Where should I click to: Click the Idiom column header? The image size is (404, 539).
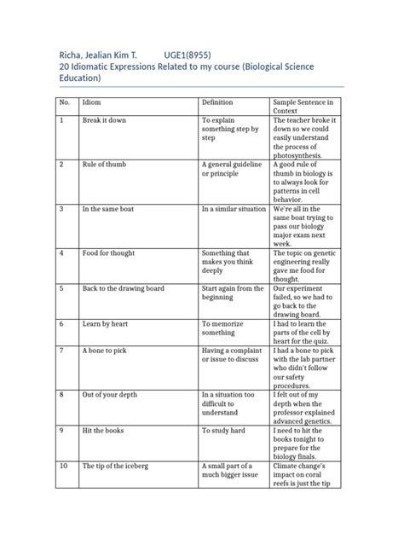click(x=91, y=101)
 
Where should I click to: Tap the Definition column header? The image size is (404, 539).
click(x=217, y=101)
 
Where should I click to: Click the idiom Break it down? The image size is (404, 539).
click(x=104, y=120)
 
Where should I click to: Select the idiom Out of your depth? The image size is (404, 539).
click(x=110, y=395)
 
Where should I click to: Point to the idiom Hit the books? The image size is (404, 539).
click(x=103, y=431)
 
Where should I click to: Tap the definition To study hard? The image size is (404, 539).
click(x=223, y=431)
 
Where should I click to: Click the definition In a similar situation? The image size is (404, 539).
click(x=234, y=208)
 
